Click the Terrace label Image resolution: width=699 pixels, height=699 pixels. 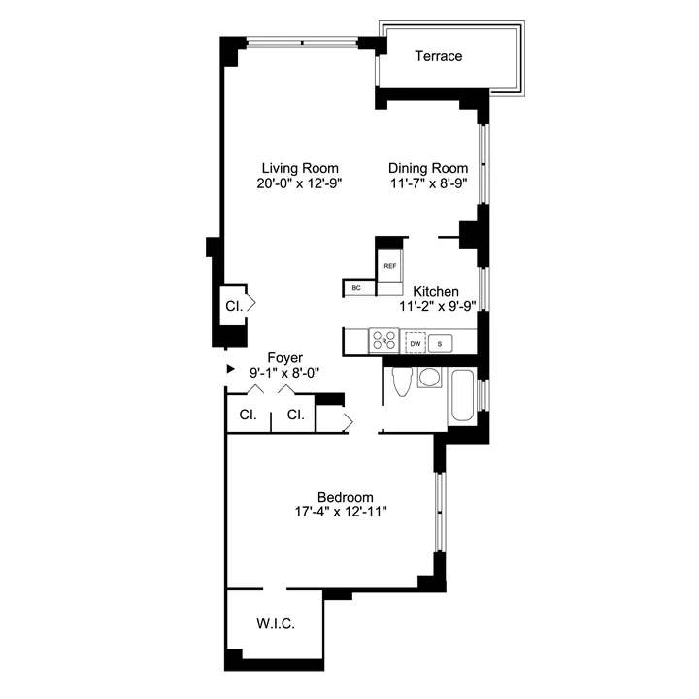pos(439,56)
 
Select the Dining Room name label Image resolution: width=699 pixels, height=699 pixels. pos(428,167)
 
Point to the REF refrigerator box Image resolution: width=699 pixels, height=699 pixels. pos(390,265)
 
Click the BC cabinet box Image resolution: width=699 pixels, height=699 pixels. pos(356,288)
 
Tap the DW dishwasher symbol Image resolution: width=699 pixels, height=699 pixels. pos(416,343)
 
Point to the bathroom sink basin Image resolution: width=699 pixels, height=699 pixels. pos(429,378)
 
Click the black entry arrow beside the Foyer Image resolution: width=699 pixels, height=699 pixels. pos(230,369)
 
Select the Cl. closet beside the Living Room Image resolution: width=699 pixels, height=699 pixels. pos(234,304)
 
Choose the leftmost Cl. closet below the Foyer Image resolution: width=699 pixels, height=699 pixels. pos(248,416)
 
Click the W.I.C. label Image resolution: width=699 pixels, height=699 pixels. pos(276,622)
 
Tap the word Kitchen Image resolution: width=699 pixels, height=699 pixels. pos(437,291)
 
